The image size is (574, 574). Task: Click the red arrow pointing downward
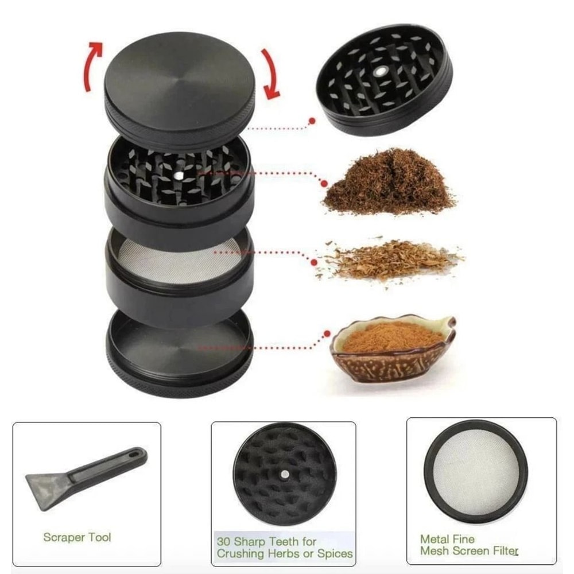270,72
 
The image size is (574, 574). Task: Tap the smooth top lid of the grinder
179,80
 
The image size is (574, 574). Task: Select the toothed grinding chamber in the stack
179,172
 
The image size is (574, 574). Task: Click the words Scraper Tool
77,537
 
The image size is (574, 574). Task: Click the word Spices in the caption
336,554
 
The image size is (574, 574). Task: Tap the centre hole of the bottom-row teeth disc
284,474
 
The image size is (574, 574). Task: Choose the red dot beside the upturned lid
312,121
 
